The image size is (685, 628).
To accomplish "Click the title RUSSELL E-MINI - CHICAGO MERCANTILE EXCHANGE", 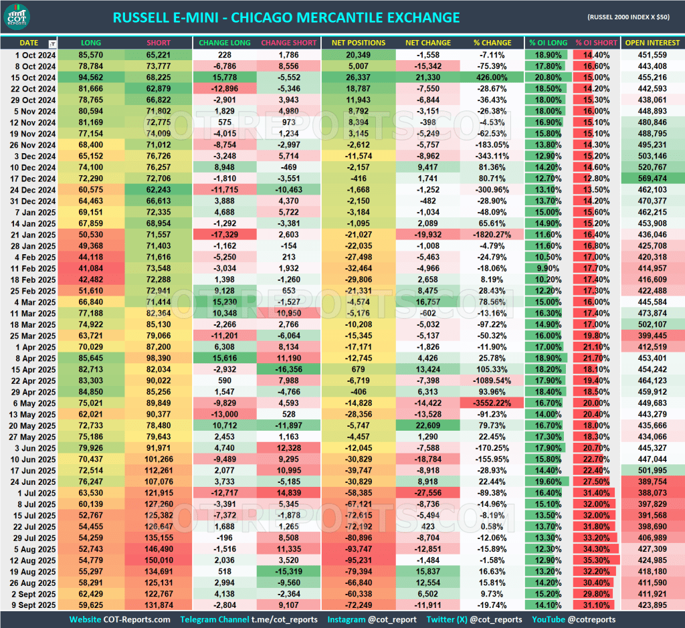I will coord(286,18).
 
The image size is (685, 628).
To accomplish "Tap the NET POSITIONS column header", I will coord(359,43).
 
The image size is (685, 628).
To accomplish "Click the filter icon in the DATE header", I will coord(52,43).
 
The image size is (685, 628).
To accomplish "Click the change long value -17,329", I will coord(224,235).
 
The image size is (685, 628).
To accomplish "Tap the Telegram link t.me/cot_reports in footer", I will coord(286,620).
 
